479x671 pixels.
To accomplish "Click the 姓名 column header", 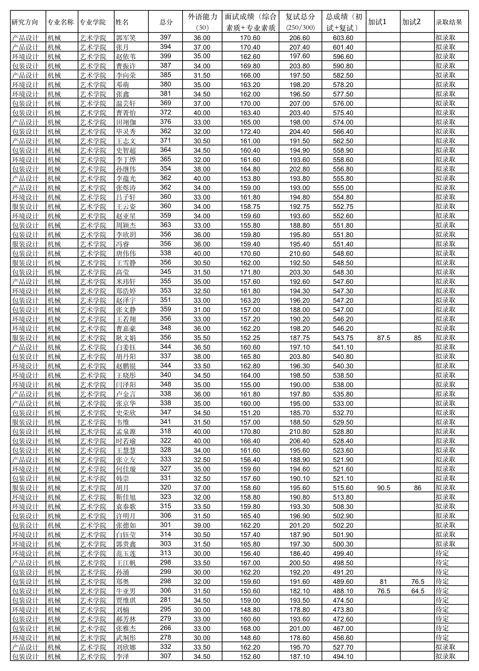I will (122, 22).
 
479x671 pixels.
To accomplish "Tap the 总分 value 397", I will (165, 38).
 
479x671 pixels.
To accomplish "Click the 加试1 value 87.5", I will (384, 338).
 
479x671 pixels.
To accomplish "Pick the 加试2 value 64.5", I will (417, 591).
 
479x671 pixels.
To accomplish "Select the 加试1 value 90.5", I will (384, 488).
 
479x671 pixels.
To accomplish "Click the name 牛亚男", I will (126, 591).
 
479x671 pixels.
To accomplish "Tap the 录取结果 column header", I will (449, 22).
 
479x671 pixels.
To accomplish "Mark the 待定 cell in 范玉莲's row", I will (442, 553).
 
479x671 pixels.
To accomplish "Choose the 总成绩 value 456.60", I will (343, 638).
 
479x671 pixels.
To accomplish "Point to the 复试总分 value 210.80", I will (299, 432).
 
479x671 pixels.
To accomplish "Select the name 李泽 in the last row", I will (123, 657).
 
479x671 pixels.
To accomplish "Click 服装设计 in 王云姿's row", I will (25, 207).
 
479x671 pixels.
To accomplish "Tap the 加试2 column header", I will (411, 22).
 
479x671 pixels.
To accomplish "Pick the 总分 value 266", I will (165, 628).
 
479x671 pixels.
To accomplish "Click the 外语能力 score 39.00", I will (202, 525).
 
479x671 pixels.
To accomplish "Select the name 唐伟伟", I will (126, 253).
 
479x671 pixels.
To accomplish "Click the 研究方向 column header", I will (25, 22).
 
